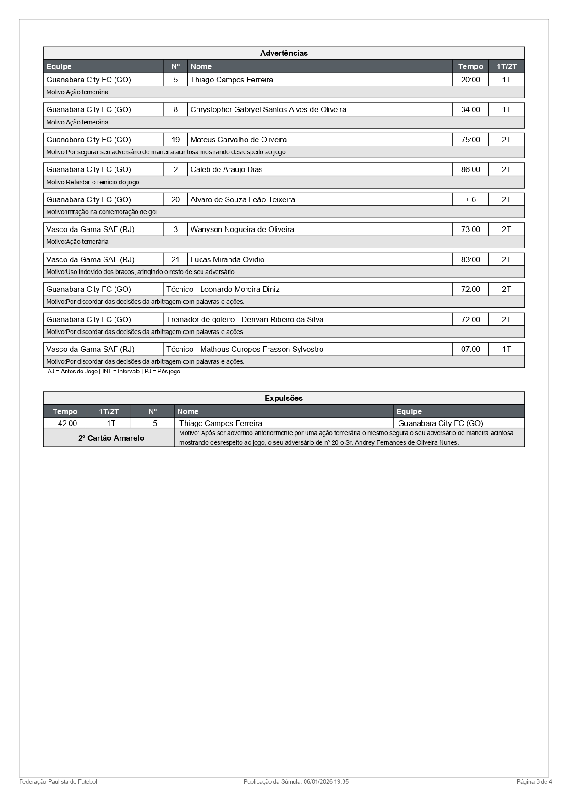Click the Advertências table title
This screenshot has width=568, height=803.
pyautogui.click(x=284, y=53)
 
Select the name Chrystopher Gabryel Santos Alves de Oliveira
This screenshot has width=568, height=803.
pyautogui.click(x=268, y=109)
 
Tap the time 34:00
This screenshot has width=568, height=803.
pyautogui.click(x=470, y=109)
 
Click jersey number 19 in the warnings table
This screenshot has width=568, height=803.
pyautogui.click(x=175, y=140)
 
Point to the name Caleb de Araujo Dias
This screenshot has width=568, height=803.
pyautogui.click(x=226, y=169)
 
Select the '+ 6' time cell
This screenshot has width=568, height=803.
pyautogui.click(x=470, y=199)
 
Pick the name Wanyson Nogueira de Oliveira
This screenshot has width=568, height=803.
pyautogui.click(x=242, y=229)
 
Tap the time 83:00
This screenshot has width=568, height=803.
pyautogui.click(x=470, y=259)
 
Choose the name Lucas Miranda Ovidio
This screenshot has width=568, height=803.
pyautogui.click(x=227, y=259)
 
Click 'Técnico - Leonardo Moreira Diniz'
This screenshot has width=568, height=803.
pyautogui.click(x=223, y=289)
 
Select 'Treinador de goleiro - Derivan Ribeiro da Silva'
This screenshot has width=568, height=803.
pyautogui.click(x=245, y=319)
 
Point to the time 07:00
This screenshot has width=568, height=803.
pyautogui.click(x=470, y=349)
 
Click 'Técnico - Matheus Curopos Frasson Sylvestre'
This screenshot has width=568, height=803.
pyautogui.click(x=245, y=349)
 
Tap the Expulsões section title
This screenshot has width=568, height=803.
pyautogui.click(x=284, y=398)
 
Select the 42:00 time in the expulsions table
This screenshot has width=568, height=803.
pyautogui.click(x=67, y=423)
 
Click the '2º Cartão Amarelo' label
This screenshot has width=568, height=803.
pyautogui.click(x=111, y=438)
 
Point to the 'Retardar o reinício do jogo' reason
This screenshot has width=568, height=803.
pyautogui.click(x=93, y=182)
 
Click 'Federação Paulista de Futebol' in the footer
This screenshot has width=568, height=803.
pyautogui.click(x=58, y=781)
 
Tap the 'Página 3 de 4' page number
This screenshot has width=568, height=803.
pyautogui.click(x=534, y=781)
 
